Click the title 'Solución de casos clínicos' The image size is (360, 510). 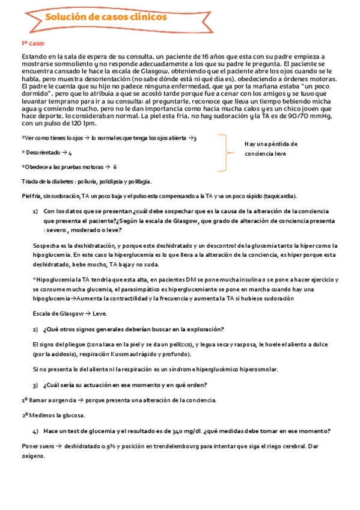(x=106, y=17)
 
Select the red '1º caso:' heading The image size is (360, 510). (x=34, y=44)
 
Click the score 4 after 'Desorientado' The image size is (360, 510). (x=70, y=153)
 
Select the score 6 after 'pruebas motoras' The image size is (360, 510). (x=115, y=167)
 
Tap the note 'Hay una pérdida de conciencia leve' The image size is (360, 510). (x=271, y=149)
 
